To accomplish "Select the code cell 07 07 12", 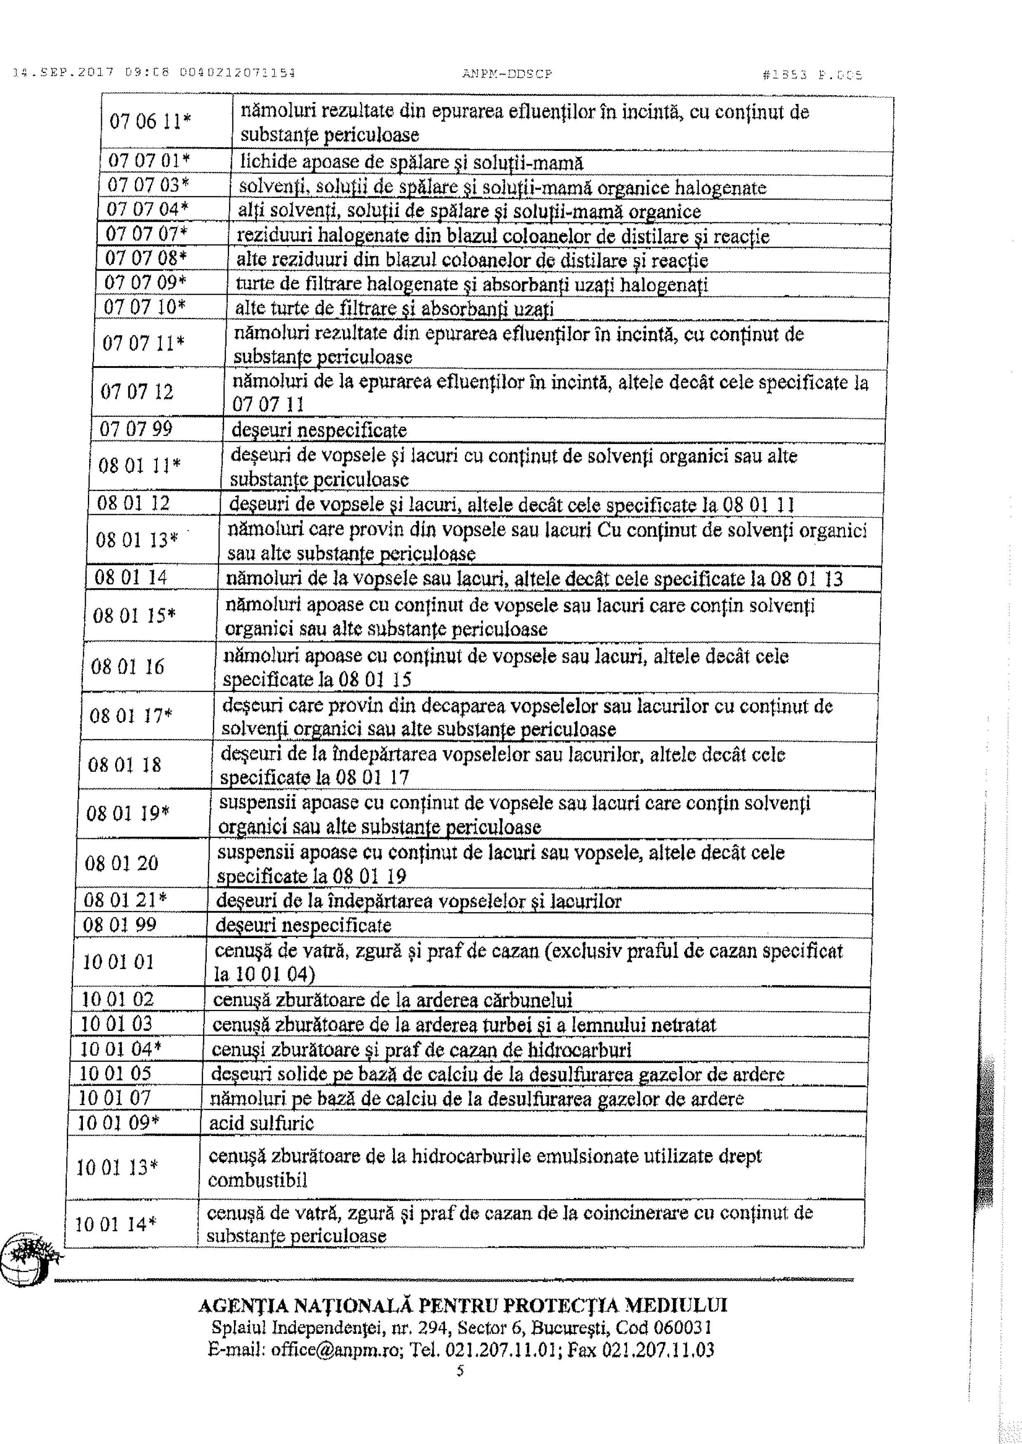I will tap(137, 393).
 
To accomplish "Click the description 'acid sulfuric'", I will tap(261, 1123).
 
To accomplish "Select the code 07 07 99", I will tap(136, 430).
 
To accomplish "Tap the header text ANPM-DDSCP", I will tap(507, 73).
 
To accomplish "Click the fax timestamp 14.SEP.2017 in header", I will tap(61, 73).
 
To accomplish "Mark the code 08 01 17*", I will tap(131, 716).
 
